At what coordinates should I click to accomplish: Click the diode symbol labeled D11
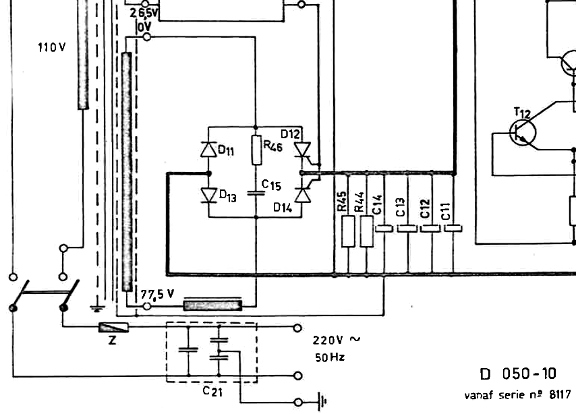tap(208, 149)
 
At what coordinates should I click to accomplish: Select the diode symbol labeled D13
tap(209, 195)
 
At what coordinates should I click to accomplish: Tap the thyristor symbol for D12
tap(303, 150)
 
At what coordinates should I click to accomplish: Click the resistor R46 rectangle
tap(257, 150)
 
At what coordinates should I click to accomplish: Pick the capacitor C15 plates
tap(256, 192)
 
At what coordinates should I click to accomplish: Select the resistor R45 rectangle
tap(348, 231)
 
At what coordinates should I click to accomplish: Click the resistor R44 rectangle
tap(367, 231)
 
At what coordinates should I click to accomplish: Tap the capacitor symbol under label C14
tap(384, 229)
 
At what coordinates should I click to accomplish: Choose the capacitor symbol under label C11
tap(453, 229)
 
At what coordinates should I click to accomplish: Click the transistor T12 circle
tap(523, 133)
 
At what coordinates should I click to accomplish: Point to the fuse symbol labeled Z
tap(113, 327)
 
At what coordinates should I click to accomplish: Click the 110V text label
tap(52, 47)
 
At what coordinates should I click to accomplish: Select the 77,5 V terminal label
tap(157, 294)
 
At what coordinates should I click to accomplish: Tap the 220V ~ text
tap(337, 340)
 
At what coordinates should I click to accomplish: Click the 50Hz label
tap(330, 357)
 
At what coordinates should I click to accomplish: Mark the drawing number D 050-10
tap(518, 374)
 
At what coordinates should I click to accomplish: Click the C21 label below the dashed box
tap(212, 391)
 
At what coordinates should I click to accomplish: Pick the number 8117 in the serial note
tap(560, 394)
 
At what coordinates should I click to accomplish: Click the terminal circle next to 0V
tap(146, 37)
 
